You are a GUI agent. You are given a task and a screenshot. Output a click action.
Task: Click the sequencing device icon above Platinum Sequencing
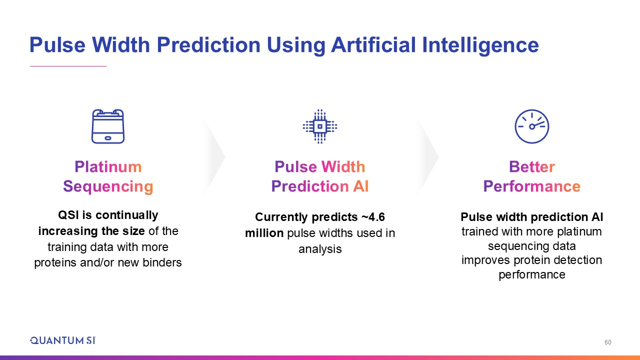[108, 126]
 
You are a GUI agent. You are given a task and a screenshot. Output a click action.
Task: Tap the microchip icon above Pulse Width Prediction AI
[320, 126]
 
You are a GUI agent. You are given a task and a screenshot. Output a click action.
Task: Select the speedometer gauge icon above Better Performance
[531, 126]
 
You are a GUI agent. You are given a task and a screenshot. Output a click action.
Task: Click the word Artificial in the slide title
[373, 45]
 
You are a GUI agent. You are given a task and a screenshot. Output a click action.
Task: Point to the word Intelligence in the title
[480, 45]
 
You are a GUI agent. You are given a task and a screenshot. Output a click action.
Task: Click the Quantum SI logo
[63, 340]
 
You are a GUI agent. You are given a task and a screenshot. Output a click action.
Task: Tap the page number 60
[607, 342]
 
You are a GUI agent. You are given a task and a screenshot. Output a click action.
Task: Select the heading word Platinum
[108, 166]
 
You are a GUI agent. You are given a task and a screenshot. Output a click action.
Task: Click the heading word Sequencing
[108, 186]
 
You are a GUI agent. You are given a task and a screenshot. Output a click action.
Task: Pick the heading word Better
[531, 166]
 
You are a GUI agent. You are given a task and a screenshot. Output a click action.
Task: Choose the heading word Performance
[531, 186]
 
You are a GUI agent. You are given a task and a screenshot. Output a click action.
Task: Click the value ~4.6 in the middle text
[373, 217]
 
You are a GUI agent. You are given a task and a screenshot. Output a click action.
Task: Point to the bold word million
[264, 233]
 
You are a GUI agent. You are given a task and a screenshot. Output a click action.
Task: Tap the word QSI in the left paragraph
[68, 215]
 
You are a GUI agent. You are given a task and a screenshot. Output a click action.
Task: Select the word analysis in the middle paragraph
[320, 249]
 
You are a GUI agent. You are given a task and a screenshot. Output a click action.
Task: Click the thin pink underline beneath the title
[68, 66]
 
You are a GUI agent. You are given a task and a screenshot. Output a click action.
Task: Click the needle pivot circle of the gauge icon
[531, 126]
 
